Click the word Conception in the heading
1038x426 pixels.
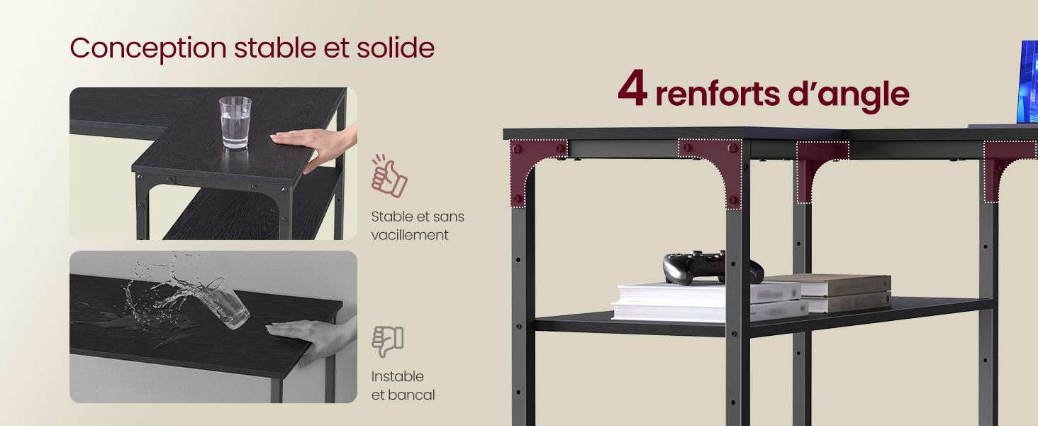[148, 49]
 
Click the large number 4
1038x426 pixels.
[632, 88]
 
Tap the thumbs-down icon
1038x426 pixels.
[388, 342]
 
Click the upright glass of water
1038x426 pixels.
[235, 123]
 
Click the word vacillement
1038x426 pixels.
[410, 235]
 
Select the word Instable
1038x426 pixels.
[397, 376]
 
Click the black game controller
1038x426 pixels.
[713, 268]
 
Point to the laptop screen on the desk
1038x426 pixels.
[1027, 82]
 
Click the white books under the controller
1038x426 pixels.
[709, 302]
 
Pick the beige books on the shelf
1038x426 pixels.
[834, 293]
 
